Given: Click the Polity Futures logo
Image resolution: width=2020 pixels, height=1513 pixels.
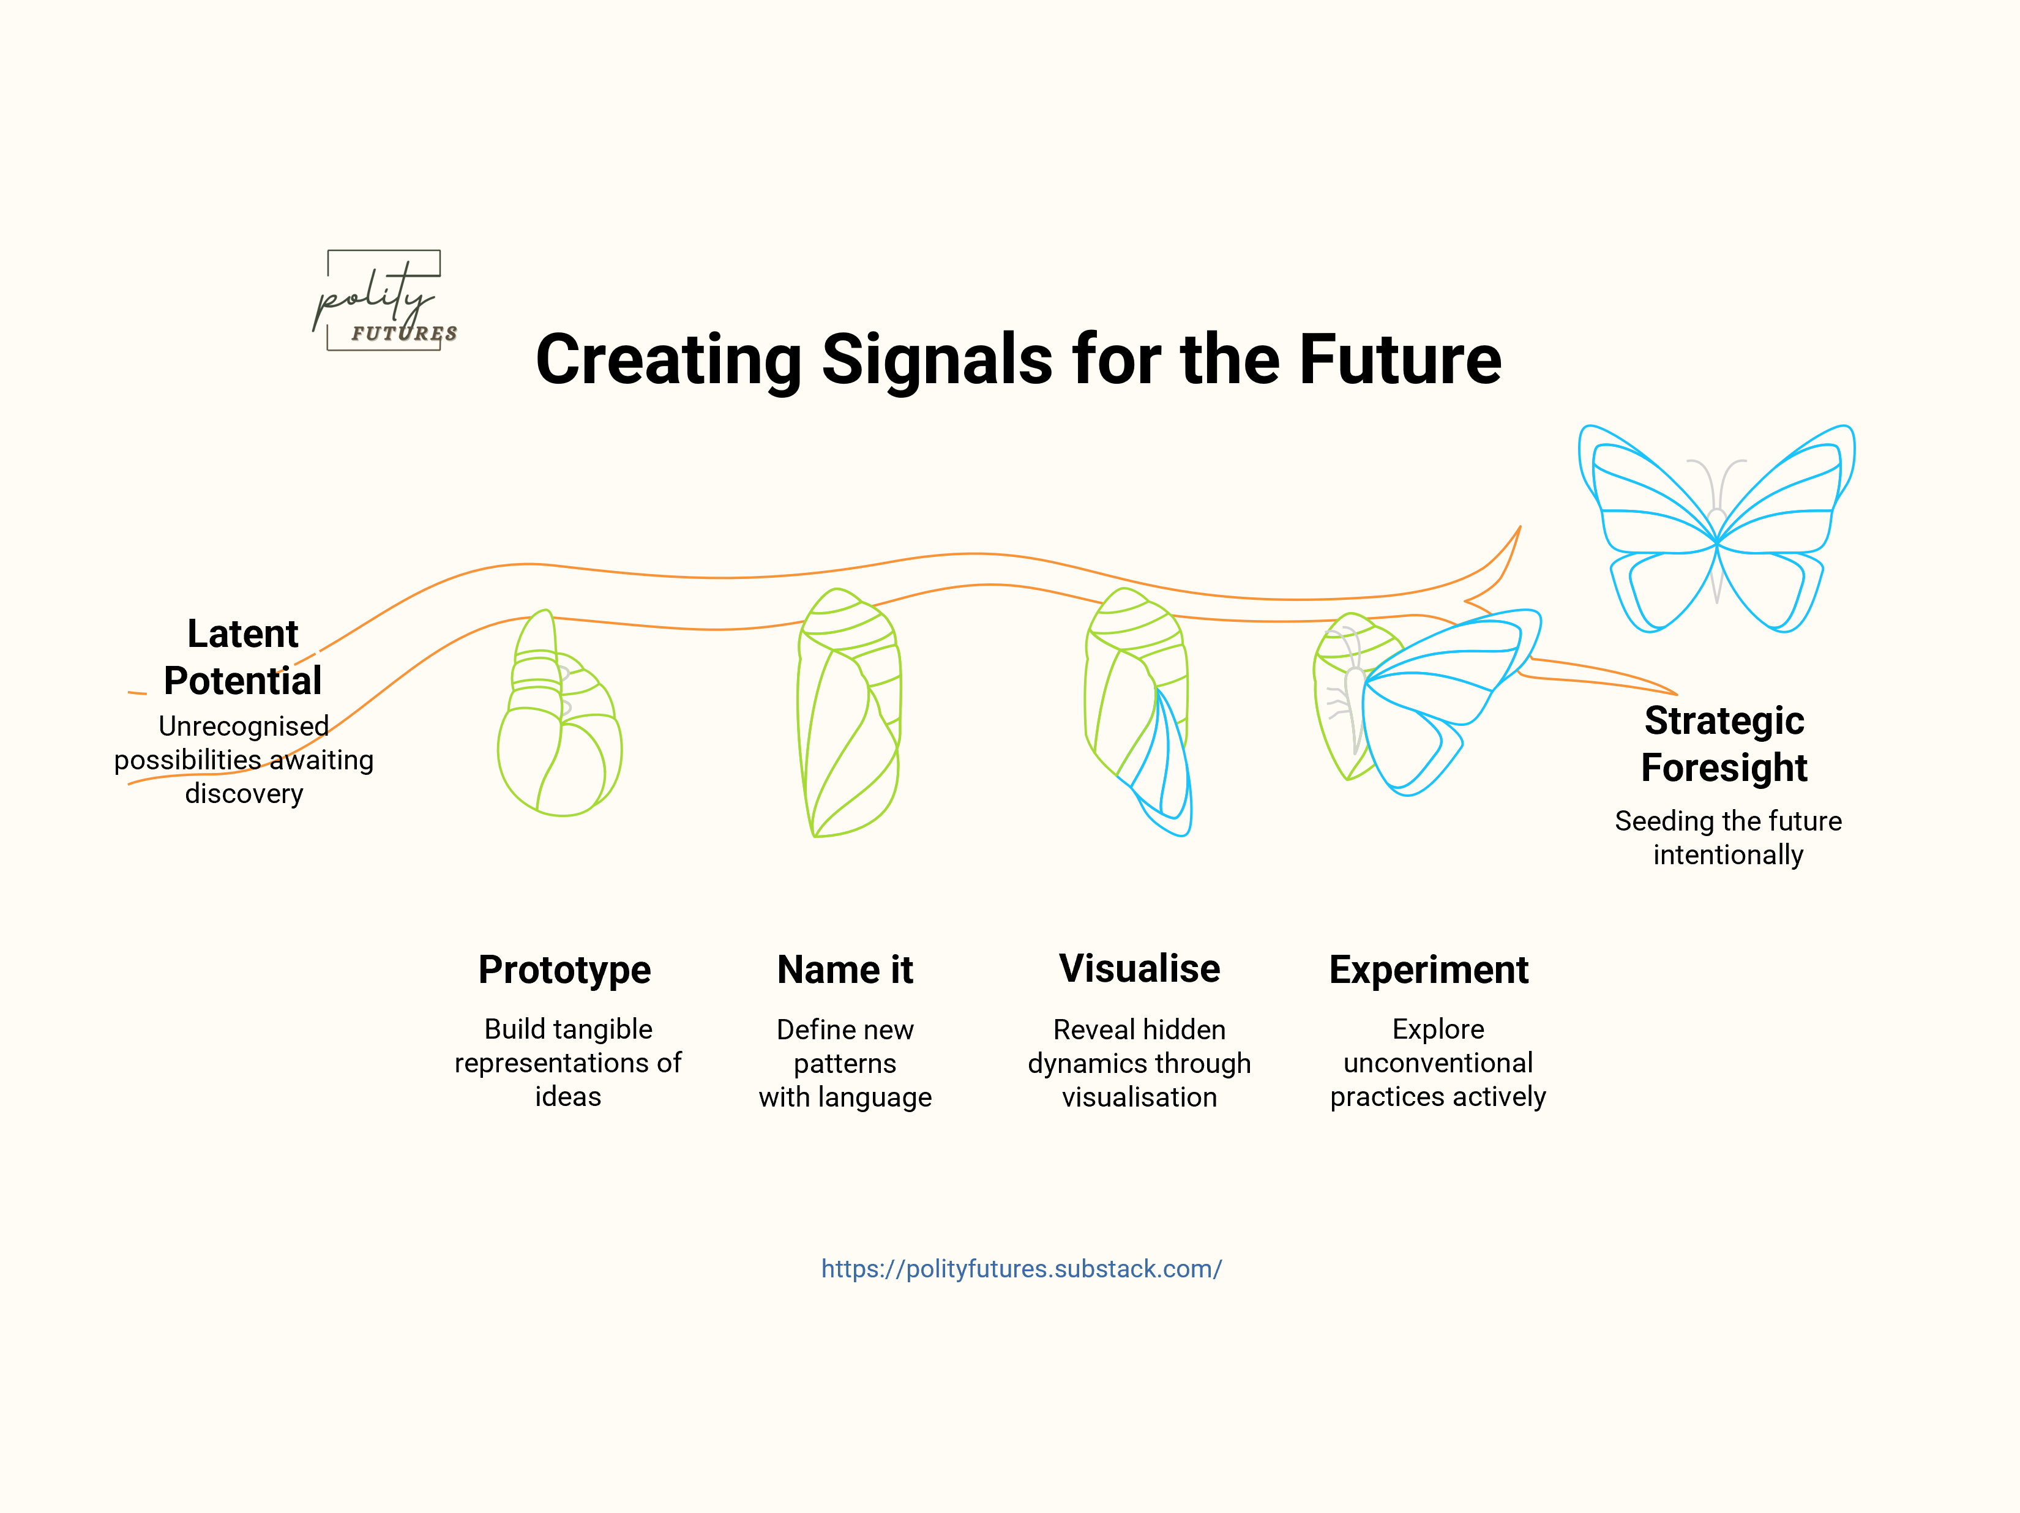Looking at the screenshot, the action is [x=384, y=301].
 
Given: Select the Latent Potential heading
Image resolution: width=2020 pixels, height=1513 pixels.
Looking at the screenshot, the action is [x=243, y=657].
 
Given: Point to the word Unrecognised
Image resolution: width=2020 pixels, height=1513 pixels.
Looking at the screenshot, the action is [x=244, y=726].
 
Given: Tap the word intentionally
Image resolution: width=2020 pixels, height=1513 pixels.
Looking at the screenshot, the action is [x=1728, y=854].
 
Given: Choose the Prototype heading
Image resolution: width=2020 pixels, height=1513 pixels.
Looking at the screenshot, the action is [x=564, y=969].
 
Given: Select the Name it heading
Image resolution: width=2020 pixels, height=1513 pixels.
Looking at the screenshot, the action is [x=845, y=969].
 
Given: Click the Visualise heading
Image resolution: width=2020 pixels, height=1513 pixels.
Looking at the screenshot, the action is [x=1139, y=969].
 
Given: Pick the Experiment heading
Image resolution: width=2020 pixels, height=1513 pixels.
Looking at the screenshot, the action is [x=1428, y=969].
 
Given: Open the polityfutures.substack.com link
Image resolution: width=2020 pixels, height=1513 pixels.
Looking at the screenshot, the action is [x=1021, y=1268].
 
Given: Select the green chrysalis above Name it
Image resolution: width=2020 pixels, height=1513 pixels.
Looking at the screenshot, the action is [x=849, y=712].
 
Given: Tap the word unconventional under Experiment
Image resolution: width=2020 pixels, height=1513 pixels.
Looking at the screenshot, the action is [x=1437, y=1063].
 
